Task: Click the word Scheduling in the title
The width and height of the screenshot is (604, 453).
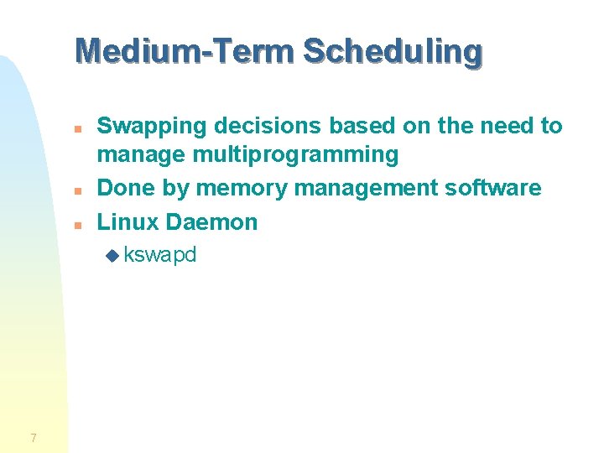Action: [393, 51]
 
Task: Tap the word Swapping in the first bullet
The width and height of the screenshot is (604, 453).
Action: [152, 127]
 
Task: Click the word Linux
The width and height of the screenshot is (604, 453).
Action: [128, 222]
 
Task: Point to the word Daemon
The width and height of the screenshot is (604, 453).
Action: [212, 222]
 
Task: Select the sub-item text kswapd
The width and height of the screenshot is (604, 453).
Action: [159, 255]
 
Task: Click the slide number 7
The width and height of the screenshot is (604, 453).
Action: [33, 437]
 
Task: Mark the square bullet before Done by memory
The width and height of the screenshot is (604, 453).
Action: [76, 191]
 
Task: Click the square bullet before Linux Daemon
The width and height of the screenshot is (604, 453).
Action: [76, 225]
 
